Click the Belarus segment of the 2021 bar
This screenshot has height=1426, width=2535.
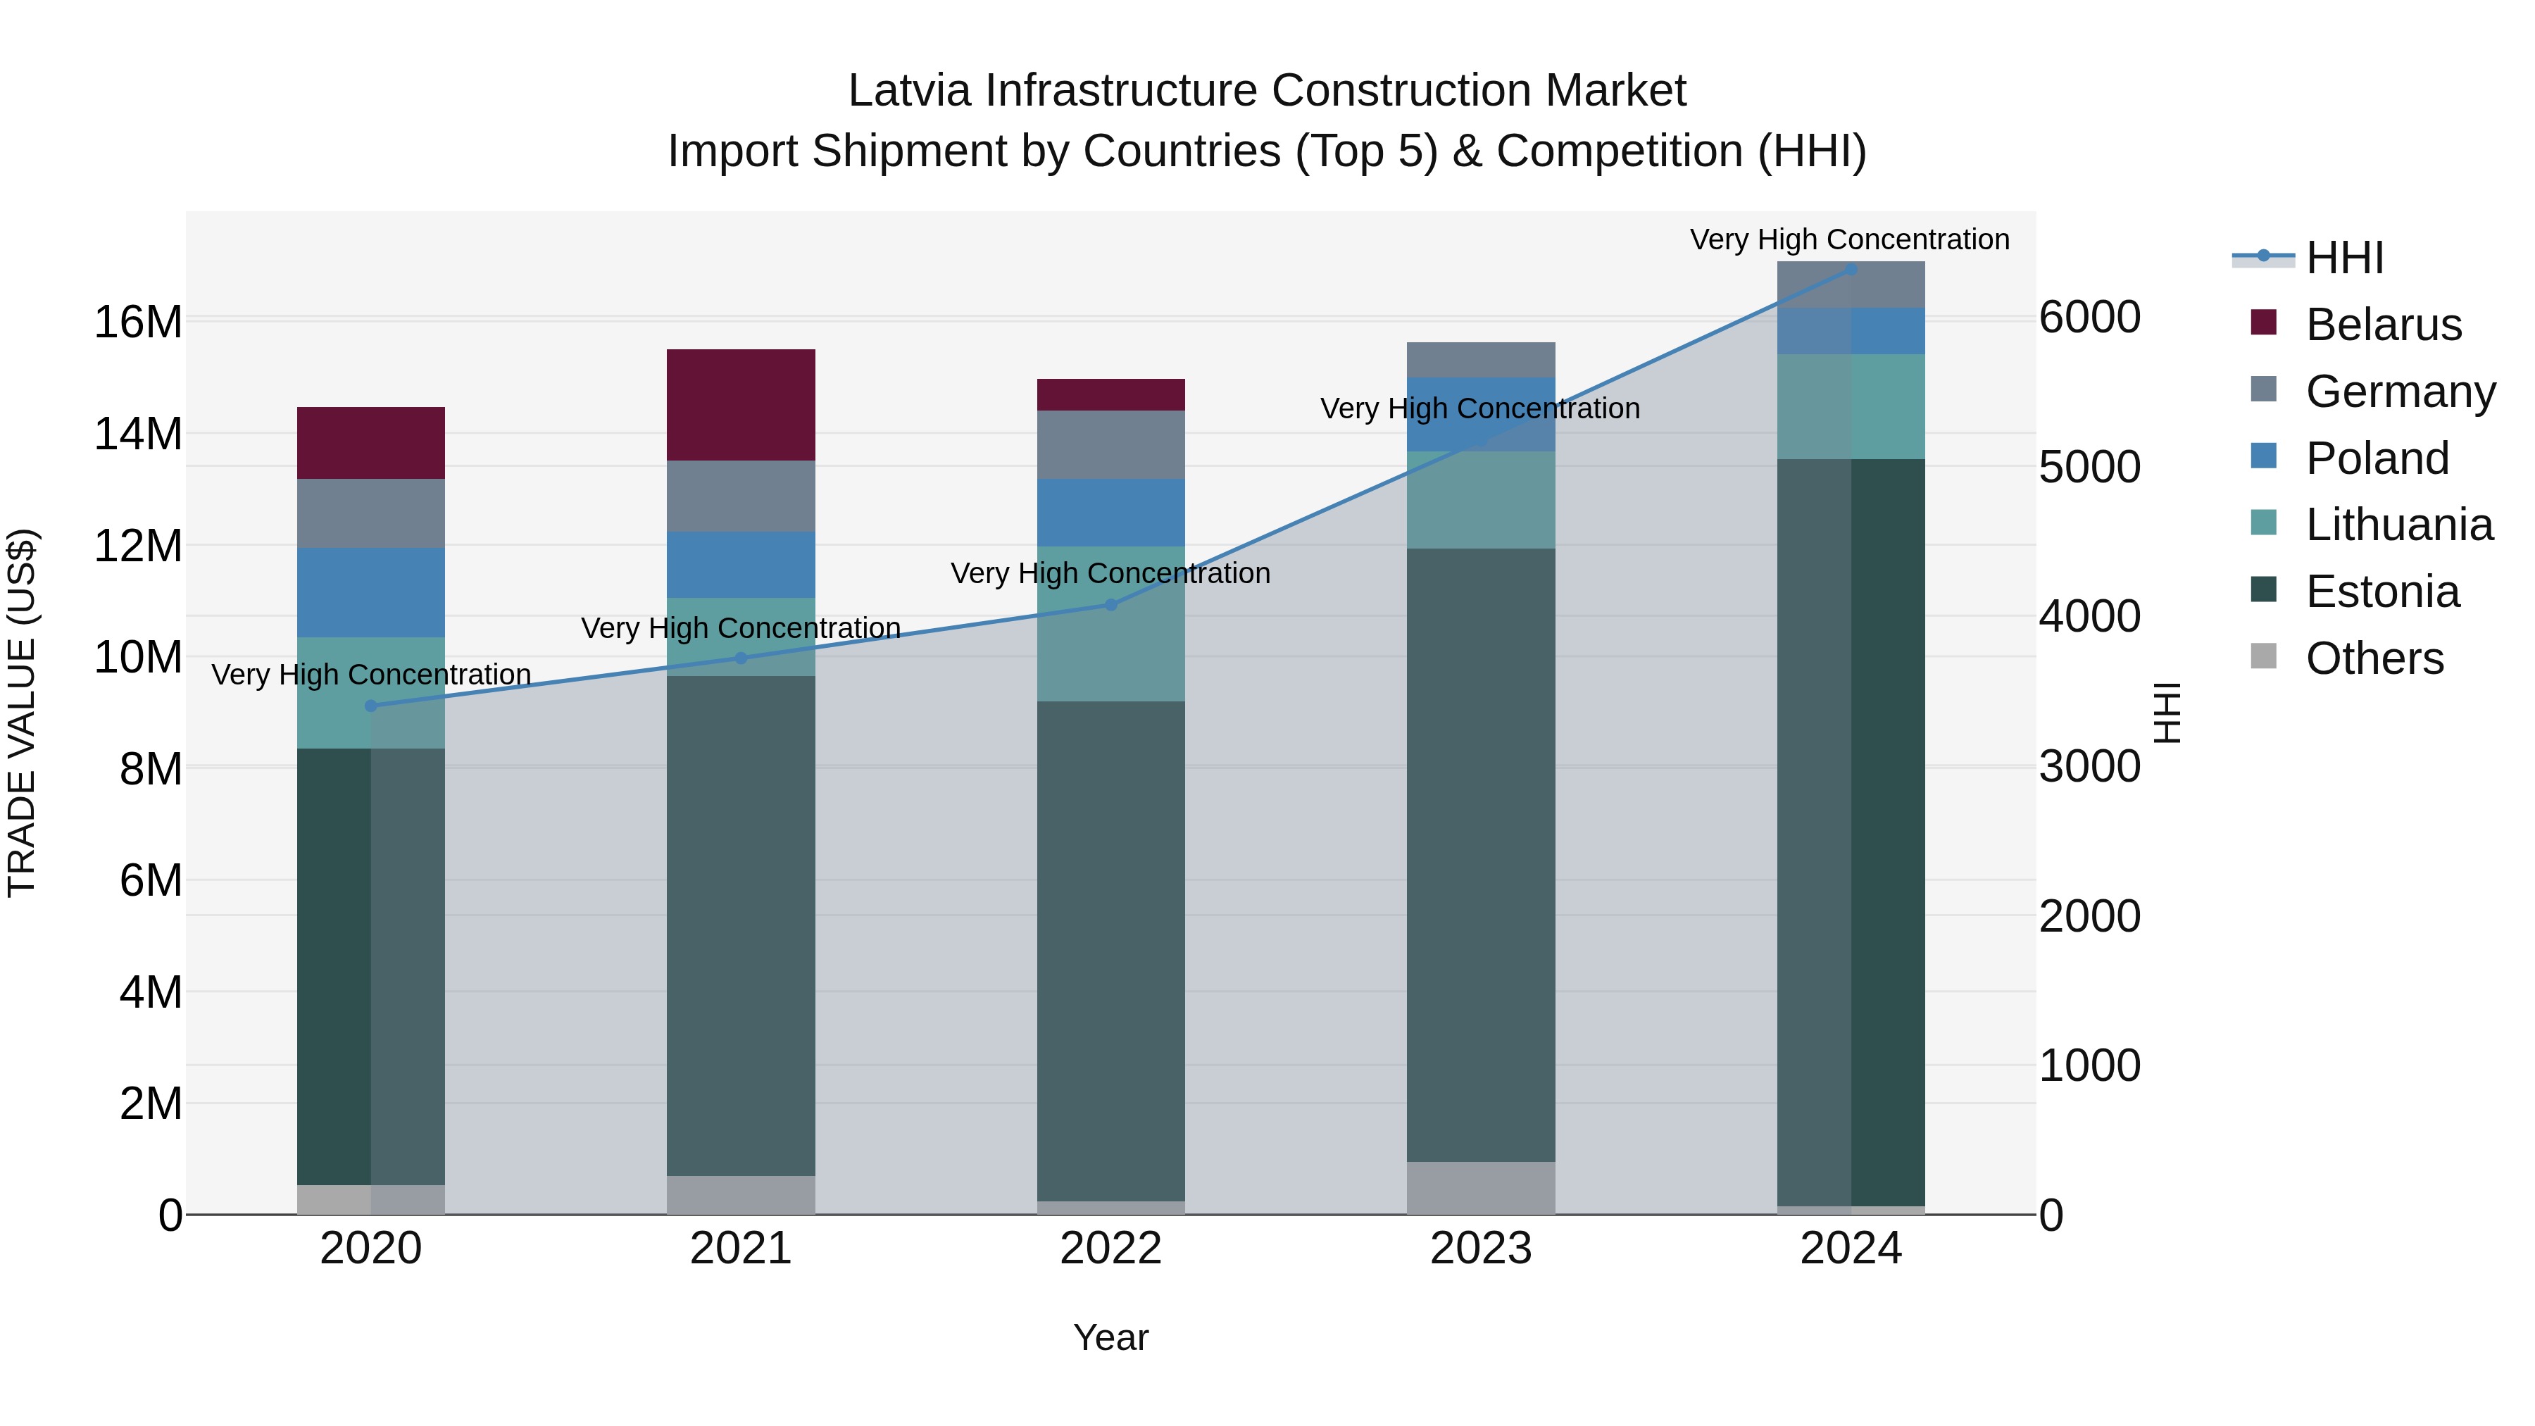pyautogui.click(x=740, y=404)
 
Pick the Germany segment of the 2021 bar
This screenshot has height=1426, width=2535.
pyautogui.click(x=740, y=496)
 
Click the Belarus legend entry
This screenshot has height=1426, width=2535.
pyautogui.click(x=2381, y=325)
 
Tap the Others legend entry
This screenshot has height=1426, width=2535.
pyautogui.click(x=2374, y=658)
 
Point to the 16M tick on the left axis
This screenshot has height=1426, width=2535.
pyautogui.click(x=138, y=323)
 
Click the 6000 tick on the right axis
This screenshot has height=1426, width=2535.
pyautogui.click(x=2089, y=317)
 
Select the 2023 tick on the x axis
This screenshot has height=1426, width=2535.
pyautogui.click(x=1480, y=1249)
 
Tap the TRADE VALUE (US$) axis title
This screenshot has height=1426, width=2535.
pyautogui.click(x=22, y=713)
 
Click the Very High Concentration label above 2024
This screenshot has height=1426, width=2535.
pyautogui.click(x=1849, y=239)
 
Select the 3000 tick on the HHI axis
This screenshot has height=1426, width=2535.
pyautogui.click(x=2089, y=767)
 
